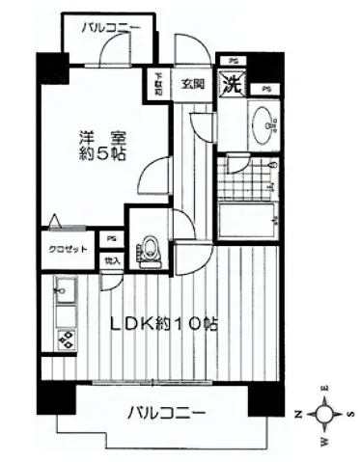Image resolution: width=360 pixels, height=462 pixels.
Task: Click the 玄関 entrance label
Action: click(192, 84)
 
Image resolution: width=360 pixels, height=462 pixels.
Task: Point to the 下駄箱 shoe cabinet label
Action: click(158, 82)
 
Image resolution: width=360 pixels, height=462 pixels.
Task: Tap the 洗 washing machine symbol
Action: click(231, 84)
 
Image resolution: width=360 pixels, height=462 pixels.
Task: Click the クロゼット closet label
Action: click(60, 248)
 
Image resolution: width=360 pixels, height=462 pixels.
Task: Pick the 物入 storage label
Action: click(112, 260)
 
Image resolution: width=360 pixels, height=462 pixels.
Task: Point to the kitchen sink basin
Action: click(65, 289)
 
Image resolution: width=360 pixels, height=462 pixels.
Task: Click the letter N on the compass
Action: click(296, 414)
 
